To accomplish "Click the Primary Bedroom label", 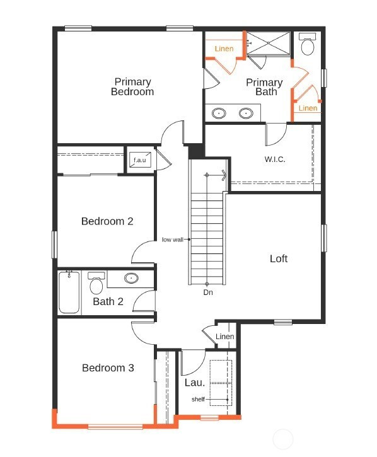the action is point(132,86).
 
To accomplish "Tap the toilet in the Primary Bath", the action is point(307,43).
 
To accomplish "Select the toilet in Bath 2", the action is point(96,283).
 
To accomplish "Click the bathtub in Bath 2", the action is point(69,292).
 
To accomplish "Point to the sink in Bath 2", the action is point(131,278).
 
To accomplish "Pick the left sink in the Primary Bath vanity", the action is point(219,113).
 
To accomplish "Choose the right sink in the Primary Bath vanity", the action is point(246,113).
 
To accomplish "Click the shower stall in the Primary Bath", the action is point(268,43).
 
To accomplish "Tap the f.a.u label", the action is point(140,160).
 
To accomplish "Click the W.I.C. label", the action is point(275,159).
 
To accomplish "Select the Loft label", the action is point(279,258).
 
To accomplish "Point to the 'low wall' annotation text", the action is point(173,240).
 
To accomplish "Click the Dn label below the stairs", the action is point(208,292).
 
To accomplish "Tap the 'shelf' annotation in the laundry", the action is point(198,399).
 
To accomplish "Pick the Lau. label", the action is point(194,383).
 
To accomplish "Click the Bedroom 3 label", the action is point(108,368).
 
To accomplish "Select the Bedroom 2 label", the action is point(107,221).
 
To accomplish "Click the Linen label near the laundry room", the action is point(225,337).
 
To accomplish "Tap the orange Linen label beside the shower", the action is point(224,49).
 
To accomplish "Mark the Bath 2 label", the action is point(108,301).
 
